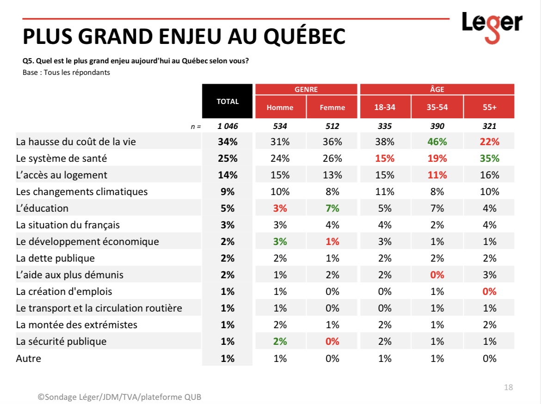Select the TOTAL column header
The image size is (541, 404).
[x=227, y=101]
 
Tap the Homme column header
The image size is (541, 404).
[x=280, y=107]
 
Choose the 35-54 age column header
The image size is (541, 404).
[x=437, y=107]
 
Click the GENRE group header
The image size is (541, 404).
[x=306, y=89]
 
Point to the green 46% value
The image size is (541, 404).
[x=437, y=142]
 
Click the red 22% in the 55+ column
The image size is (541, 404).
[x=490, y=142]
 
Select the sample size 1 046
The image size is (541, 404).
[x=227, y=126]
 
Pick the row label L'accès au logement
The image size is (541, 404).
[x=61, y=175]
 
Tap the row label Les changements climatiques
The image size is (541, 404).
[x=82, y=191]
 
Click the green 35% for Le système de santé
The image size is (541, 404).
[x=490, y=159]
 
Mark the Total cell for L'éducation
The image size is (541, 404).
[x=227, y=208]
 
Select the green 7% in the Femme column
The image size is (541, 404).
[x=332, y=208]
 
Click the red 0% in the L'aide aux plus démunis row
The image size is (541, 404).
[x=437, y=275]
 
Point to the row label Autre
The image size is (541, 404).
[x=28, y=358]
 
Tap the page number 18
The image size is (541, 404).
[x=509, y=387]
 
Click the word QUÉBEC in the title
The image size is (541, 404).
[x=304, y=37]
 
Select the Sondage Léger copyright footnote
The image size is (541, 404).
[x=119, y=397]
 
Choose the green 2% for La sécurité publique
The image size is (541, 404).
[x=280, y=342]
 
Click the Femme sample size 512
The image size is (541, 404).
[x=332, y=126]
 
